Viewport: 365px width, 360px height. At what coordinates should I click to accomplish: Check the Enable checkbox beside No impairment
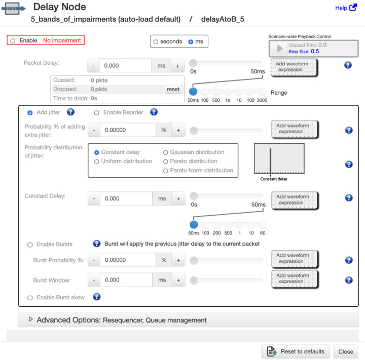point(13,41)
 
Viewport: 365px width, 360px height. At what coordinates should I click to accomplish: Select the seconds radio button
point(156,42)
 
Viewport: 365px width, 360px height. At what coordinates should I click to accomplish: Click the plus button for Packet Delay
point(177,66)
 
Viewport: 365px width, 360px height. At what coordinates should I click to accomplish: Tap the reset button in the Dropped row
point(173,89)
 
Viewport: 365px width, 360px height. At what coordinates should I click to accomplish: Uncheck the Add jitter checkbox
point(30,113)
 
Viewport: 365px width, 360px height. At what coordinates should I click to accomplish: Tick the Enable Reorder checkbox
point(97,113)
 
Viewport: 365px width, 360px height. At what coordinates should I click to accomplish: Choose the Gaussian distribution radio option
point(165,152)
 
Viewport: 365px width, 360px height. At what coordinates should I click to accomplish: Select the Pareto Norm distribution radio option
point(165,171)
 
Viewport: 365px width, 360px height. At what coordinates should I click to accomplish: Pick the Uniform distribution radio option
point(97,162)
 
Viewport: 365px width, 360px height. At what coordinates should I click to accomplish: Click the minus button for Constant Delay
point(94,198)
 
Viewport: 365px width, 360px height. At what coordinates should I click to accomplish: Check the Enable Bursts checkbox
point(30,245)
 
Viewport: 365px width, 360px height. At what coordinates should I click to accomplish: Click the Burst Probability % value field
point(128,260)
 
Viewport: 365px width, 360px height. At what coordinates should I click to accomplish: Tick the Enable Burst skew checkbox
point(30,298)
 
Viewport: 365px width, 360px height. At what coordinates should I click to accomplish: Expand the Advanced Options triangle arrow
point(31,319)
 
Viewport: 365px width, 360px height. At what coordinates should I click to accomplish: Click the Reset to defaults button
point(296,351)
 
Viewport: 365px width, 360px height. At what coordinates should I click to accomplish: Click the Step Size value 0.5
point(315,52)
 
